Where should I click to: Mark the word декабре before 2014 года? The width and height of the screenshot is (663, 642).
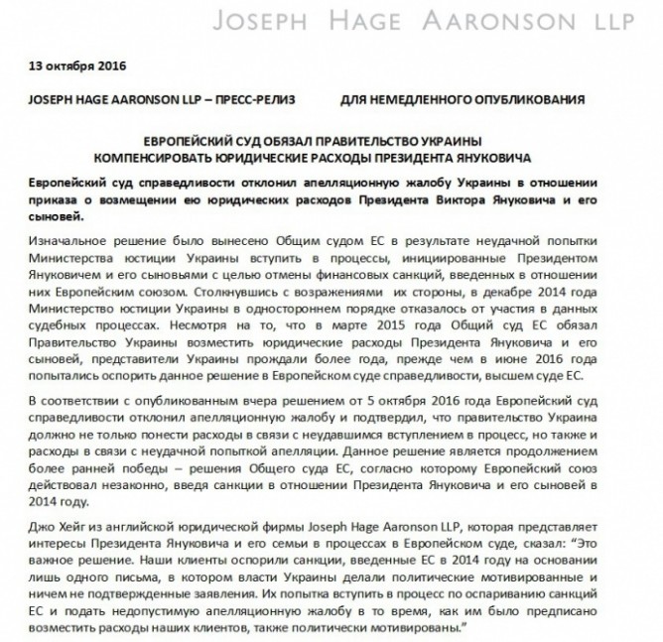[500, 296]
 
